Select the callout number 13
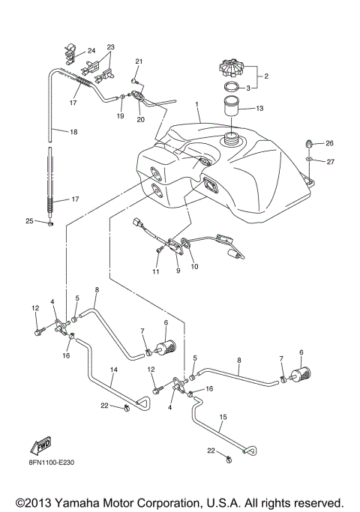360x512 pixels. [259, 109]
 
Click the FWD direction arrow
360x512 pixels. [39, 447]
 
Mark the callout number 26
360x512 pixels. [329, 143]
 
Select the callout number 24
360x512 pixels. [91, 51]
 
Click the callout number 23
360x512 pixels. [111, 47]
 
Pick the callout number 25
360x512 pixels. [28, 221]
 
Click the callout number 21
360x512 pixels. [139, 61]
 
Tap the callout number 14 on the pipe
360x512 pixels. [113, 370]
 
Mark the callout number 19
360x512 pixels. [120, 116]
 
